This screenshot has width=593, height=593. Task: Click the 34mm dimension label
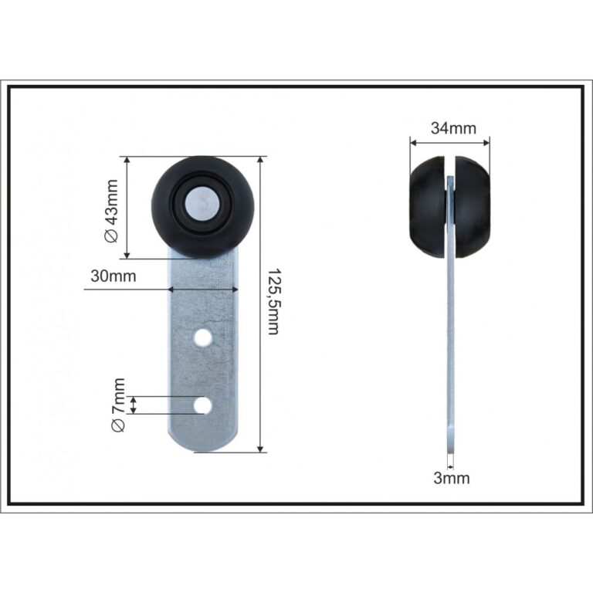pos(453,129)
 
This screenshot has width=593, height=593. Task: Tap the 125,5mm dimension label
pos(273,302)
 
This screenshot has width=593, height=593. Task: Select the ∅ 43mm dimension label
pos(111,211)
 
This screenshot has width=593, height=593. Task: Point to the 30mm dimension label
pos(114,276)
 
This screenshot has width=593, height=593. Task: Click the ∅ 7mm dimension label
pos(118,405)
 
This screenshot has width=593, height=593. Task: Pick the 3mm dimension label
pos(452,478)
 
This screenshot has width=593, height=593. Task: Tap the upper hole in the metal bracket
pos(203,337)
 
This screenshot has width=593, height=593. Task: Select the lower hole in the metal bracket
pos(203,405)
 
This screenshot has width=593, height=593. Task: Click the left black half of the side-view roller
pos(426,207)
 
